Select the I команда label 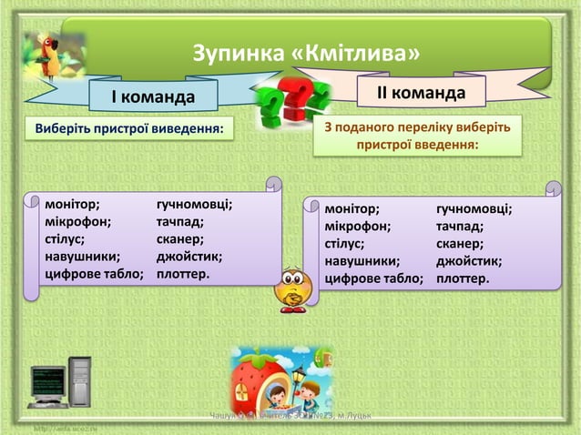tap(153, 96)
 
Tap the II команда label tap(422, 93)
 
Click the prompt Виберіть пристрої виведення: tap(128, 128)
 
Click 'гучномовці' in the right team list tap(474, 208)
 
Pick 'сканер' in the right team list tap(459, 243)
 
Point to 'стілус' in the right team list tap(345, 243)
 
